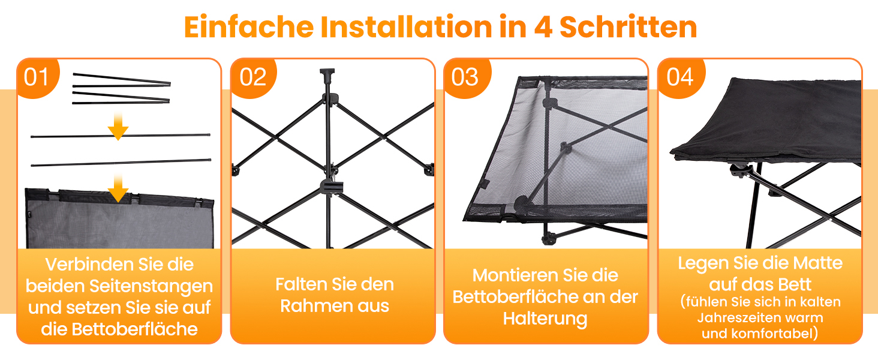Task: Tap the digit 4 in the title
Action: click(x=543, y=27)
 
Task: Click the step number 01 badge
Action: click(x=37, y=77)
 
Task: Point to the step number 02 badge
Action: click(x=253, y=77)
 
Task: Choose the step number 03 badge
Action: click(x=465, y=77)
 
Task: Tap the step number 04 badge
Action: click(x=681, y=77)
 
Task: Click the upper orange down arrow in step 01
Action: click(x=118, y=126)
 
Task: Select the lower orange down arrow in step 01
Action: click(x=118, y=188)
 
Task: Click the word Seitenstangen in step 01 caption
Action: click(x=151, y=286)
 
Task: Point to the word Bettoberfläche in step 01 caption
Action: click(x=134, y=329)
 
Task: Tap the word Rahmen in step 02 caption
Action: click(x=314, y=306)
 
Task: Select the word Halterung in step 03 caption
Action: click(x=545, y=319)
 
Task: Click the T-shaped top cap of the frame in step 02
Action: click(x=327, y=73)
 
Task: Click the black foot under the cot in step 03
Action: click(x=548, y=238)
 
